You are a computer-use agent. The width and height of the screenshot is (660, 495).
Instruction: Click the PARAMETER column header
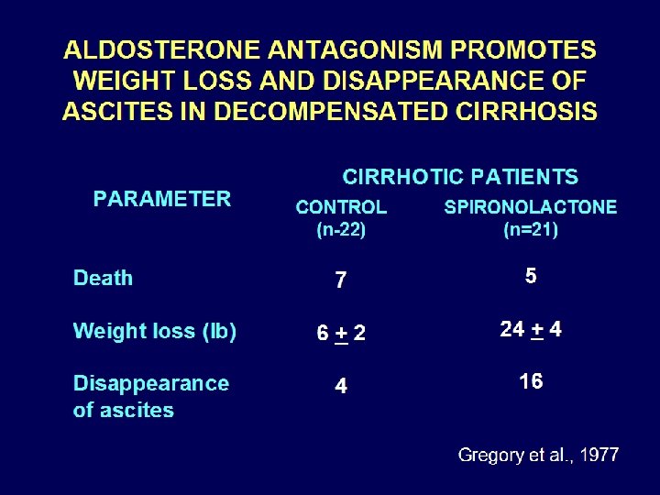[x=162, y=199]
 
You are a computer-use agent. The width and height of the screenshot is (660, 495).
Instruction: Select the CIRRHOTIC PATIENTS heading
[x=460, y=177]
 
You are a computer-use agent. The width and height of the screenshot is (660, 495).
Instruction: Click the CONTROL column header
[x=341, y=207]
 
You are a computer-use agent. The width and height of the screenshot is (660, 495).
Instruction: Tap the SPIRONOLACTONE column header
[x=531, y=207]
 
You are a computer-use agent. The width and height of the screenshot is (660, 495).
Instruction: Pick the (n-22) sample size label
[x=341, y=230]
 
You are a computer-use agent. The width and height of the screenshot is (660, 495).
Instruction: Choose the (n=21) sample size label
[x=531, y=230]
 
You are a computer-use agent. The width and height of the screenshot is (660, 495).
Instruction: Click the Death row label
[x=103, y=279]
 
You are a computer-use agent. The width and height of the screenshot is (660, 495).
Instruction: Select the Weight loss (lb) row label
[x=155, y=332]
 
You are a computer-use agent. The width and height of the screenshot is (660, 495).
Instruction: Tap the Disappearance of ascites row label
[x=150, y=396]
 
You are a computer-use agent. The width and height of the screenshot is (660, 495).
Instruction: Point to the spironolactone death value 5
[x=531, y=276]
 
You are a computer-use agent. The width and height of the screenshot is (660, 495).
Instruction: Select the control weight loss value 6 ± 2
[x=341, y=335]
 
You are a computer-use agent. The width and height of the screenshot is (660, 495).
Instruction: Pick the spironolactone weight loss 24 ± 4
[x=531, y=329]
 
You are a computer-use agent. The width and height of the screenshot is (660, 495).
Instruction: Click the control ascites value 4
[x=341, y=387]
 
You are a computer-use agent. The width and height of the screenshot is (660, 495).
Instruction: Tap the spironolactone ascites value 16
[x=531, y=381]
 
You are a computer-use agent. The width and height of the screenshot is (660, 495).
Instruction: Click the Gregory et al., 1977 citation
[x=538, y=455]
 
